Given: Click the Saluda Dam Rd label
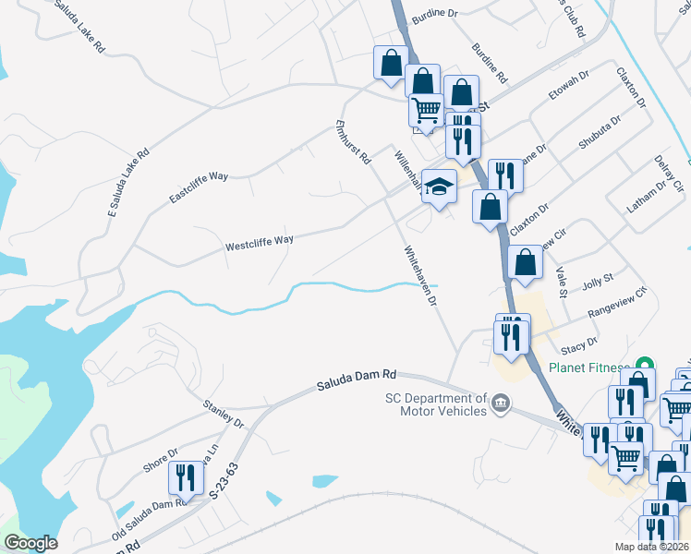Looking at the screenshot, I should (357, 379).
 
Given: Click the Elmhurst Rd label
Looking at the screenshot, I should (353, 142).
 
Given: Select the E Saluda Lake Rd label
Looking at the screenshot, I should (128, 186).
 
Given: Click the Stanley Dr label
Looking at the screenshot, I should (223, 414).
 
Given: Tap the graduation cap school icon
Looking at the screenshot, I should (440, 185).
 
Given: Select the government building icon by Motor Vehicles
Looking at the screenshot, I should (501, 402).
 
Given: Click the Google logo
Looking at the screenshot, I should (30, 543).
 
